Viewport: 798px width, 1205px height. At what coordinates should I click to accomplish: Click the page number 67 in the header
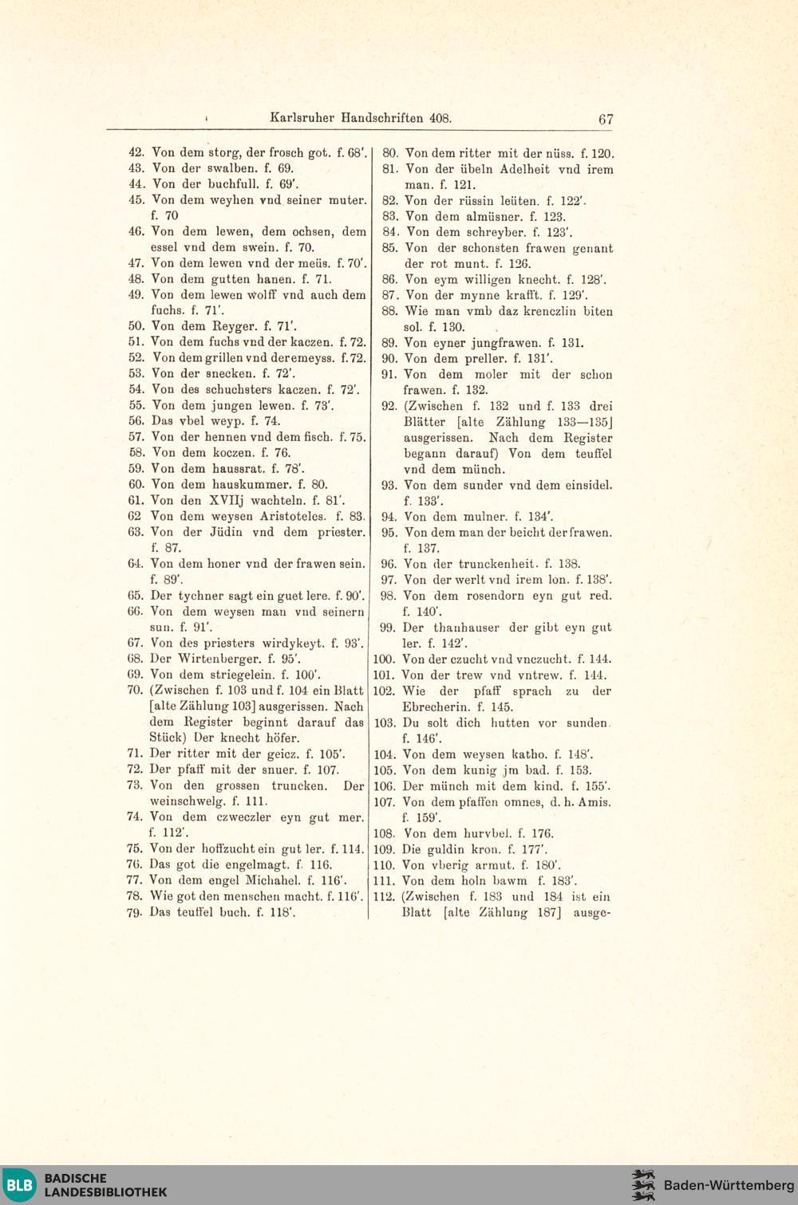(606, 119)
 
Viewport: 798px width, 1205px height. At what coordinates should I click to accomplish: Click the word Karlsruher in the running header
(302, 118)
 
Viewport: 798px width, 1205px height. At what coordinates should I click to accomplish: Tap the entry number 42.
(136, 152)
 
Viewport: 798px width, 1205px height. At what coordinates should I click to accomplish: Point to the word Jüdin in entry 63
(226, 532)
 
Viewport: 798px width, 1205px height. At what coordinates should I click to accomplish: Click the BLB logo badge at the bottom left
(20, 1185)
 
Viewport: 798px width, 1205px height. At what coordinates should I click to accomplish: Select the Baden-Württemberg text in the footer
(729, 1185)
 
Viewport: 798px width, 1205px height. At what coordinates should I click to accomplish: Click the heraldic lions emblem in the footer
(643, 1185)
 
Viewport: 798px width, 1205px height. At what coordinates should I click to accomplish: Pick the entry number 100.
(384, 660)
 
